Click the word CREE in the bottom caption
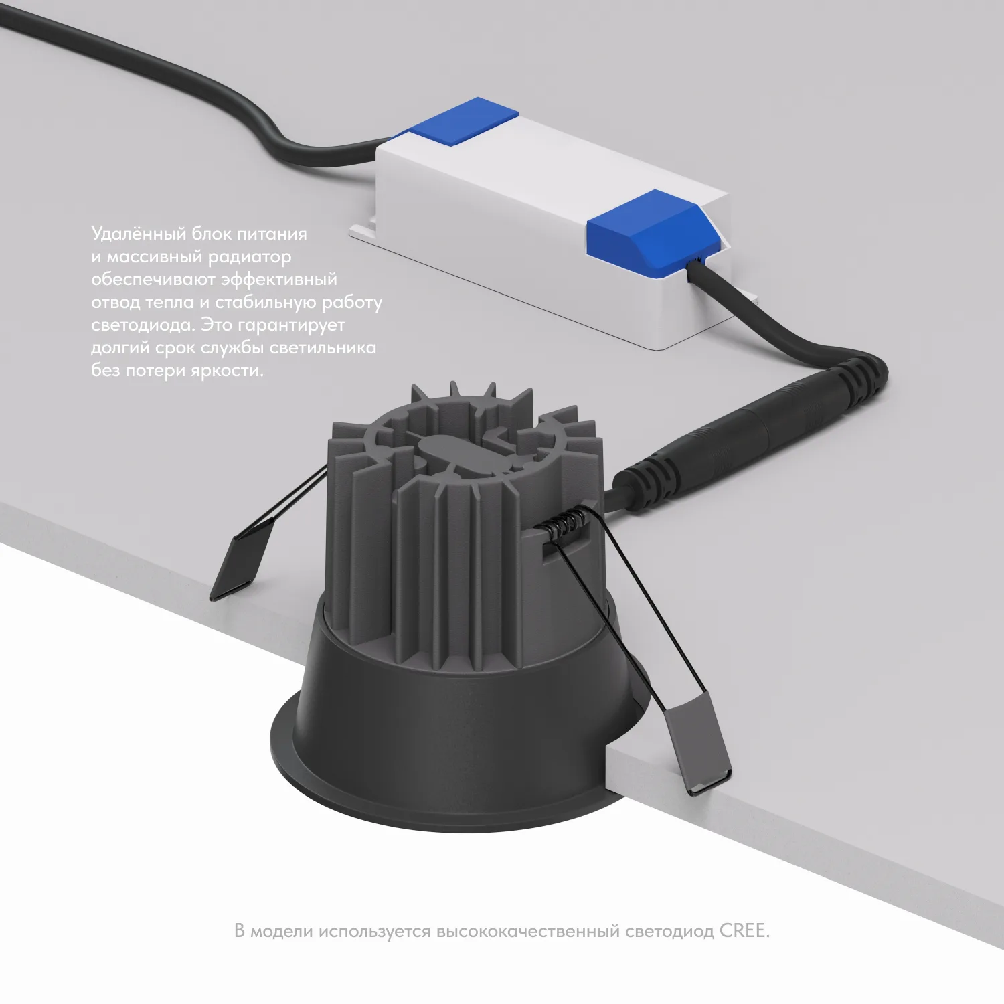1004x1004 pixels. click(744, 931)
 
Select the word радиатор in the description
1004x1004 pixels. click(249, 257)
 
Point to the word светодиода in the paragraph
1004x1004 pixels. click(142, 325)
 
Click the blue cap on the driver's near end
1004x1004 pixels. click(653, 232)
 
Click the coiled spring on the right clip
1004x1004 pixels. click(566, 522)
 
